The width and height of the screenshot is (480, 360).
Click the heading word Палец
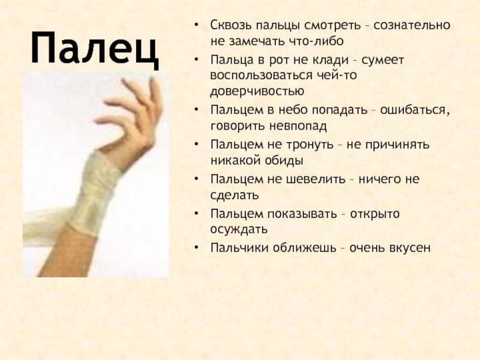pos(95,49)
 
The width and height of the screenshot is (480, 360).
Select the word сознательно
pos(412,25)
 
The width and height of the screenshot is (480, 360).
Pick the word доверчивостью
pos(257,92)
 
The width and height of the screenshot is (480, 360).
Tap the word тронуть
pos(310,145)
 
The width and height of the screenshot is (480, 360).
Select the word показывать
pos(302,214)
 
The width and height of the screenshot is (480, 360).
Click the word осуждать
pos(239,230)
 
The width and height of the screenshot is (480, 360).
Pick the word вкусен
pos(410,248)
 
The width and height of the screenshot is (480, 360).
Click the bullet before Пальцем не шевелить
pos(197,179)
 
